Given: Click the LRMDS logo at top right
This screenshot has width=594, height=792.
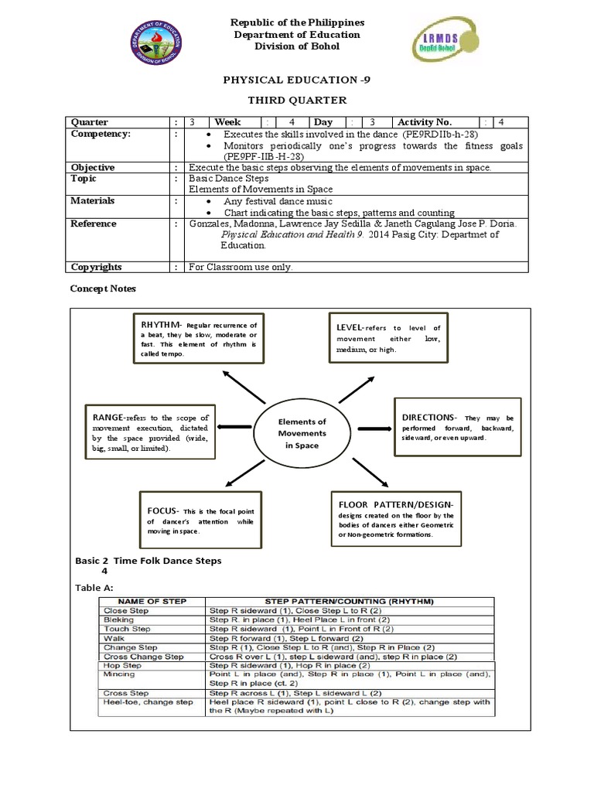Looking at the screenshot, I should pyautogui.click(x=438, y=50).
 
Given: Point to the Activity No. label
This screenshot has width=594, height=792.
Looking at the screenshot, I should pyautogui.click(x=425, y=122).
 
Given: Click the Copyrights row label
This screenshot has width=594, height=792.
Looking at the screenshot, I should pyautogui.click(x=97, y=267).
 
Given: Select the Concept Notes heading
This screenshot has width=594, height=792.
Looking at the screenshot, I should pyautogui.click(x=103, y=288).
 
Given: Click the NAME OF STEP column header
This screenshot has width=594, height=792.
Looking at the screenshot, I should pyautogui.click(x=152, y=600).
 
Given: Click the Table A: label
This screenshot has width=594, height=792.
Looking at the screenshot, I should pyautogui.click(x=94, y=588).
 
